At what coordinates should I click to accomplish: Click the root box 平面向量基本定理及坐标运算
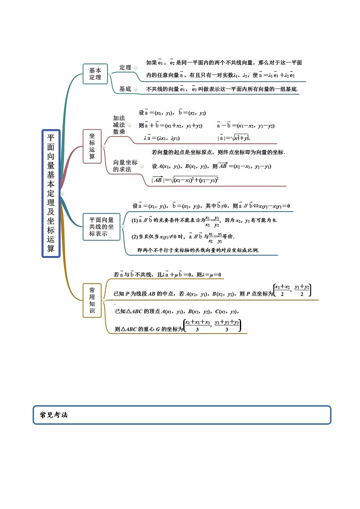tap(51, 194)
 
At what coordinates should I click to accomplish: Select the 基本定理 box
tap(95, 74)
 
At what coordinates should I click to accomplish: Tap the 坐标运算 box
tap(92, 146)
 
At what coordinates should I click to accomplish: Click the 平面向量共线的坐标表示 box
tap(102, 227)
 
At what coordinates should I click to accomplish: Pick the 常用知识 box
tap(92, 301)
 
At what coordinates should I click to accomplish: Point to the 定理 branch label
tap(125, 68)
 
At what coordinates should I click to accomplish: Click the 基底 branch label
tap(125, 89)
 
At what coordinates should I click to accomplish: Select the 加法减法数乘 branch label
tap(119, 125)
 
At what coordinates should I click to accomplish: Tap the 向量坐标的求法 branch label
tap(125, 166)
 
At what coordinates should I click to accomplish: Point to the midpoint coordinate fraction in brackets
tap(292, 290)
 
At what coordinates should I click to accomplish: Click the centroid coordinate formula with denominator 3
tap(212, 325)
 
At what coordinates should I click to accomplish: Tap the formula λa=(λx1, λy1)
tap(162, 138)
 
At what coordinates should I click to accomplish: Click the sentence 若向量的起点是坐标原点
tap(218, 152)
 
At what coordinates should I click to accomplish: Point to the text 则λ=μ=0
tap(209, 275)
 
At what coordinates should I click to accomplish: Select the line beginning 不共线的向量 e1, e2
tap(221, 89)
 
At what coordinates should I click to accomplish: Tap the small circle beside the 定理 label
tap(136, 68)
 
